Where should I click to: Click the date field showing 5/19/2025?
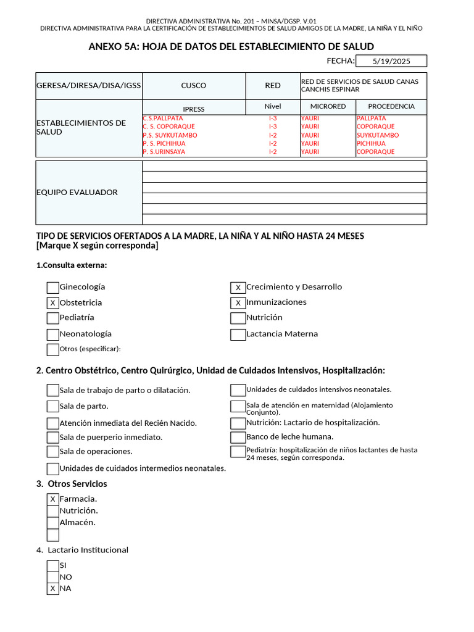click(x=391, y=61)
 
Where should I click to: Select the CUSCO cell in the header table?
click(x=194, y=86)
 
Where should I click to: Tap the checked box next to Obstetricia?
click(x=53, y=303)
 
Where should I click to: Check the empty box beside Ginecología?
click(x=53, y=288)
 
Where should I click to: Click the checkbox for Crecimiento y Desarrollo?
click(x=238, y=288)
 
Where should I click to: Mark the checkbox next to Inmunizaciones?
click(x=238, y=303)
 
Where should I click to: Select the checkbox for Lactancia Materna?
click(x=238, y=335)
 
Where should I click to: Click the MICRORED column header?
click(x=328, y=107)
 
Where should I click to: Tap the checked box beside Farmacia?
click(x=53, y=499)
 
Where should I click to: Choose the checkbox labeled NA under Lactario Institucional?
click(x=53, y=589)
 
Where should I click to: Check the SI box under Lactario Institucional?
click(x=53, y=565)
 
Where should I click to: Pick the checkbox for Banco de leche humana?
click(x=238, y=438)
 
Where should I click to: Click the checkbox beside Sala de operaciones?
click(x=53, y=452)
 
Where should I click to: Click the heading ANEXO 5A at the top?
click(x=231, y=47)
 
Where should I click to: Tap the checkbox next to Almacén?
click(x=53, y=523)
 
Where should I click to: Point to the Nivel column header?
click(x=273, y=107)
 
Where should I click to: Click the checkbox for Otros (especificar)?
click(x=53, y=349)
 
